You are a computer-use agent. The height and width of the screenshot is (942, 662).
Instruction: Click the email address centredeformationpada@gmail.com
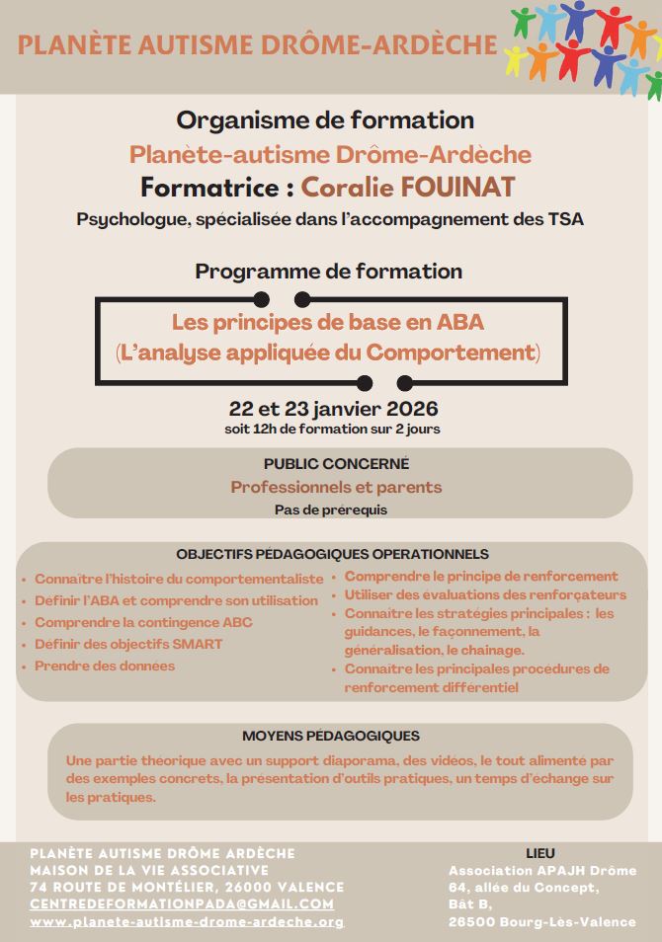point(182,903)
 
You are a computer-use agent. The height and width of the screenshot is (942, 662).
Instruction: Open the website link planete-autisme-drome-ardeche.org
point(187,921)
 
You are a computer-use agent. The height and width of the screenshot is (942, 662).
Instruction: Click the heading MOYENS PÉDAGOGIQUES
point(331,736)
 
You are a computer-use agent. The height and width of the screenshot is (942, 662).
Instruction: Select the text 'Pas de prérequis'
point(331,510)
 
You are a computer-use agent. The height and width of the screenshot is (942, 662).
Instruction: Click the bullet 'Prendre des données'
point(105,666)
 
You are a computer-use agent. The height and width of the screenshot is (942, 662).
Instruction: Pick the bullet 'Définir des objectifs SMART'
point(128,644)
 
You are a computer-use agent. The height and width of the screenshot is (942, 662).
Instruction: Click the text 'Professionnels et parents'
point(336,487)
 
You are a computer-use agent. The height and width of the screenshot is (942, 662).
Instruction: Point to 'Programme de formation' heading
point(328,271)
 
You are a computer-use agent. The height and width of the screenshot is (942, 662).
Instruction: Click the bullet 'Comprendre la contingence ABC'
point(143,622)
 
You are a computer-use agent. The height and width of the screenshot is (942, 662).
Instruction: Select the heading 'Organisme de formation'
point(325,120)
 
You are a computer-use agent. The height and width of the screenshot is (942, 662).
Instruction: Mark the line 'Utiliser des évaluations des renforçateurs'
point(485,594)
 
